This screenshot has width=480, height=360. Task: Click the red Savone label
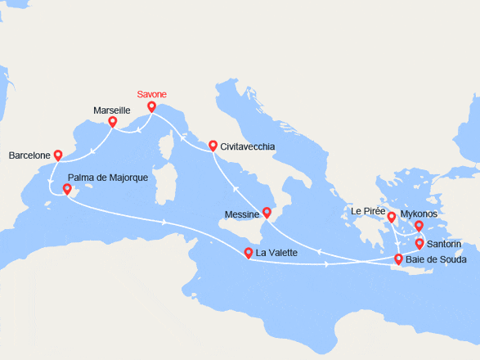coord(151,95)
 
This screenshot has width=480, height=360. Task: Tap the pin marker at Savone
coord(151,106)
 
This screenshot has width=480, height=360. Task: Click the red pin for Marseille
coord(113,122)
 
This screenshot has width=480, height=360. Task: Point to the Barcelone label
coord(29,155)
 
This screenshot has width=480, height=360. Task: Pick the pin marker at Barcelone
coord(57,154)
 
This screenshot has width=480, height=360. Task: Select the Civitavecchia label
coord(248,146)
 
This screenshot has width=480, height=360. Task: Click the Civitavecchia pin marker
coord(213,146)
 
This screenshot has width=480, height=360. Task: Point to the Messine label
coord(242,214)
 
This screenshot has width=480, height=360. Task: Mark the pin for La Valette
coord(249,253)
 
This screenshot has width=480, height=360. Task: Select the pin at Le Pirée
coord(392,217)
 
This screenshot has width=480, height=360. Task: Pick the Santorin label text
coord(445,244)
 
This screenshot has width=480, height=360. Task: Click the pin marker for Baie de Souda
coord(399,259)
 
